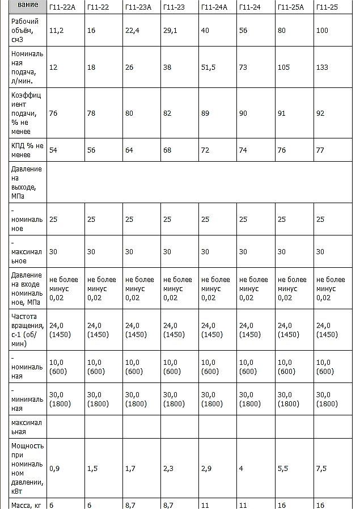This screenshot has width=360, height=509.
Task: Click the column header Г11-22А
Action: pyautogui.click(x=62, y=7)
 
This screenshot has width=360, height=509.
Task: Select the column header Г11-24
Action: pyautogui.click(x=249, y=7)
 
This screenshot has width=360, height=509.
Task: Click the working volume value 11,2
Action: pyautogui.click(x=56, y=31)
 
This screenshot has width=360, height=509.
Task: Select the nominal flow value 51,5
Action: pyautogui.click(x=209, y=68)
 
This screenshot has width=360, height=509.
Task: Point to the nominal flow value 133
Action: pyautogui.click(x=322, y=68)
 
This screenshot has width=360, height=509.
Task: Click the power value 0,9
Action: pyautogui.click(x=54, y=469)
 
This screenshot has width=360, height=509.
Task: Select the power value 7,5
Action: pyautogui.click(x=321, y=469)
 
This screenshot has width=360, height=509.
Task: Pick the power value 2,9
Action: pyautogui.click(x=206, y=469)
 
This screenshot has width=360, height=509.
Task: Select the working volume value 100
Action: pyautogui.click(x=322, y=31)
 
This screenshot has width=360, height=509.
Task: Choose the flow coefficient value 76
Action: pyautogui.click(x=53, y=113)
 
